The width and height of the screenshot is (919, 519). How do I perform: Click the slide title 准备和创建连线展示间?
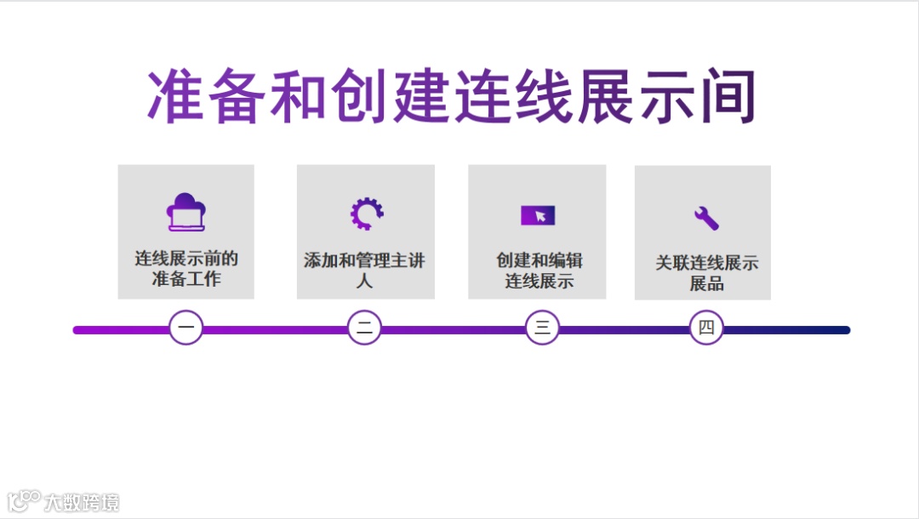click(x=452, y=95)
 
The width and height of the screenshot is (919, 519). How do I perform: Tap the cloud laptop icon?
click(x=186, y=213)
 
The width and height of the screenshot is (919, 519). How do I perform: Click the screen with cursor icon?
click(x=538, y=215)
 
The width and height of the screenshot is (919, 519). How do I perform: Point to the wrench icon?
click(x=705, y=218)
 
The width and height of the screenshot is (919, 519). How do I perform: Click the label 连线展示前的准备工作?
click(x=186, y=269)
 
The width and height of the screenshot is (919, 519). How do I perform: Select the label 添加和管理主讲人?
click(x=365, y=270)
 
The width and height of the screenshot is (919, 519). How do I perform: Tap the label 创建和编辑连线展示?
click(x=539, y=271)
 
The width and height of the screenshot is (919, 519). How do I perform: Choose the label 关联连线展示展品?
click(x=706, y=273)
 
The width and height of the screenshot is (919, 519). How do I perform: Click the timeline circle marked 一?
click(x=186, y=328)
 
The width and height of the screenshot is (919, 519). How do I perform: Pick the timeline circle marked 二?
click(x=364, y=328)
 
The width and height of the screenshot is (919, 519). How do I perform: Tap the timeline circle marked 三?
click(x=542, y=328)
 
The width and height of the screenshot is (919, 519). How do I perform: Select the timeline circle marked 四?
click(x=705, y=328)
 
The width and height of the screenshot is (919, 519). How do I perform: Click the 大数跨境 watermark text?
click(x=82, y=502)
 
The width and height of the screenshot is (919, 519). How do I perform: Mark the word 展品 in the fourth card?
click(x=706, y=283)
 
